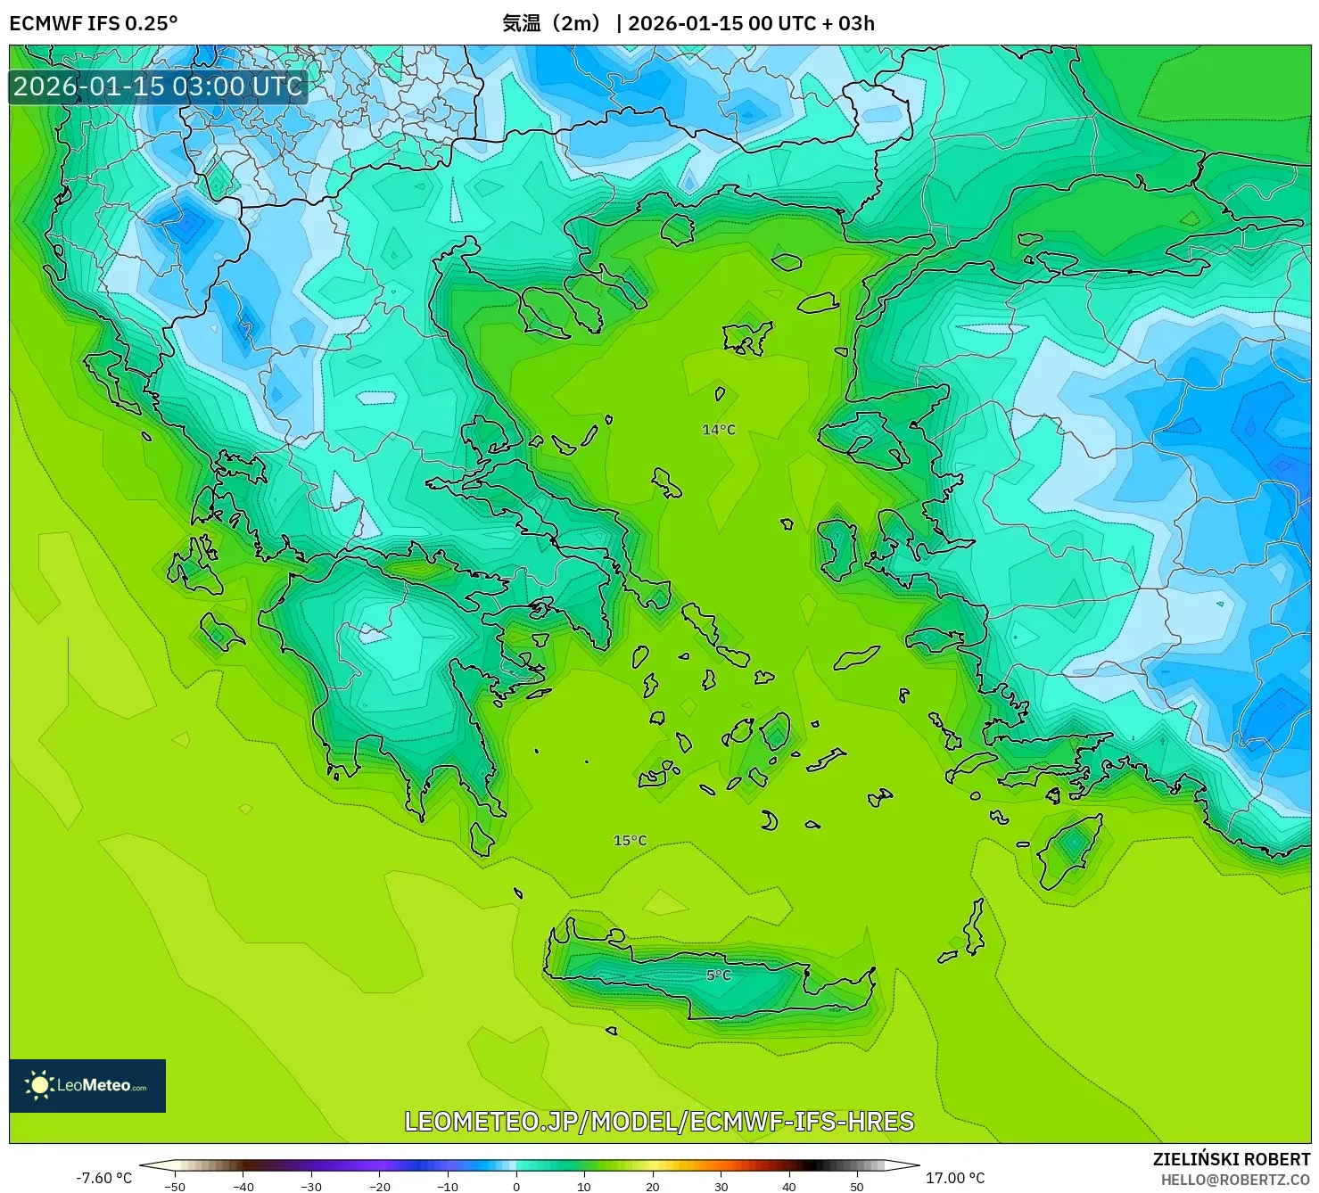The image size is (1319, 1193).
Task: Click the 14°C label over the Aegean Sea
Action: click(x=719, y=430)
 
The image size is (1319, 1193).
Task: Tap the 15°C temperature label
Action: click(x=630, y=841)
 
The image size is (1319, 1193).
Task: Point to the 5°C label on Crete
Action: click(x=719, y=975)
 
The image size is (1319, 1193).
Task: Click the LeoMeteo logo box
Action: click(x=87, y=1085)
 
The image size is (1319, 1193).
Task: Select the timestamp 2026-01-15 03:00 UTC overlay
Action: click(x=158, y=86)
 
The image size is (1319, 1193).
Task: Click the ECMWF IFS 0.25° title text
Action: click(x=94, y=23)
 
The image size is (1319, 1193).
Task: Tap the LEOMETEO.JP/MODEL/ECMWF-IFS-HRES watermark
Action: click(x=659, y=1121)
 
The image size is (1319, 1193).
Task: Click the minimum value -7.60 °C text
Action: click(x=103, y=1178)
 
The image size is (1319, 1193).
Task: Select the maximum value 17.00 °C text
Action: click(x=955, y=1178)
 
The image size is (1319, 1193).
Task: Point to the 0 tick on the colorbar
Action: click(x=515, y=1187)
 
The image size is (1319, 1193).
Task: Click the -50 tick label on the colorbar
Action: click(x=175, y=1187)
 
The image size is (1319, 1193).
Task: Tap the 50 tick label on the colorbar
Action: click(x=857, y=1187)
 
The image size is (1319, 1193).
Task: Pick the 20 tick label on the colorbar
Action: click(x=652, y=1187)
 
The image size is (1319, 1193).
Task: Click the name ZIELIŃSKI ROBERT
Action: click(x=1231, y=1159)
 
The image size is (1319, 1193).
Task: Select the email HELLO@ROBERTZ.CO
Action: click(x=1234, y=1180)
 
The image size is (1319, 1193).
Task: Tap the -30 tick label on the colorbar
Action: click(x=311, y=1187)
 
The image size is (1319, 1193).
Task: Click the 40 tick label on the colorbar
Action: click(x=788, y=1187)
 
